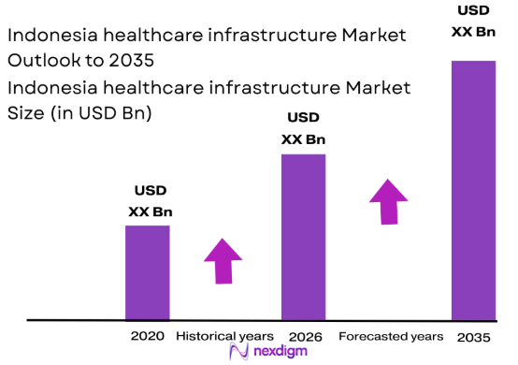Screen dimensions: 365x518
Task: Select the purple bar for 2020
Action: [x=148, y=272]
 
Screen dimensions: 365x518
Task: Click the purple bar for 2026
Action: [x=303, y=237]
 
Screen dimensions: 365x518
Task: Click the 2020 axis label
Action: [x=148, y=336]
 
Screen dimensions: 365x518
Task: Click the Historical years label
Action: [x=224, y=336]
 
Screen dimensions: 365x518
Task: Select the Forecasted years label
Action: [x=391, y=336]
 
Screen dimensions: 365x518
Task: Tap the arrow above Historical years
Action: [x=223, y=260]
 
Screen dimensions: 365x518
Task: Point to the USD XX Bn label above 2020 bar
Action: [x=150, y=202]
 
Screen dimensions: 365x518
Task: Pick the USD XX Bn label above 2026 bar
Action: [x=303, y=129]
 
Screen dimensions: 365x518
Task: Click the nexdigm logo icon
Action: [x=237, y=353]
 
